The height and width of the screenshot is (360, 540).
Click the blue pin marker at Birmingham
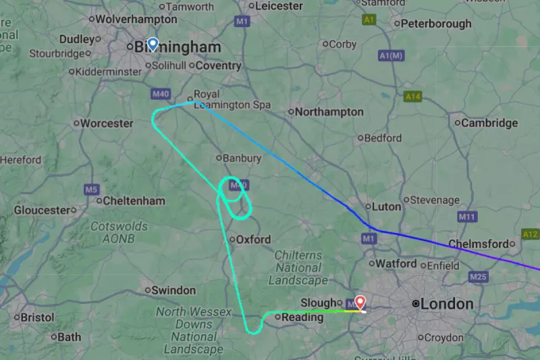(x=153, y=45)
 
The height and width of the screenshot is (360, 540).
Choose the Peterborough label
(x=436, y=24)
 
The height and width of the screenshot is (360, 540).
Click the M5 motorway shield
(x=92, y=189)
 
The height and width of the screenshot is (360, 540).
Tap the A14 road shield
(x=413, y=97)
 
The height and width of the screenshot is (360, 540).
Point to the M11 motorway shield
(x=467, y=217)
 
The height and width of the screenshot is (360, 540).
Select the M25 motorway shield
(x=479, y=277)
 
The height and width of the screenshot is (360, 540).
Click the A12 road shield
(x=531, y=234)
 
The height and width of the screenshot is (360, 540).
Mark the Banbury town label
(x=242, y=158)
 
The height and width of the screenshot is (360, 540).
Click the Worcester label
(x=107, y=124)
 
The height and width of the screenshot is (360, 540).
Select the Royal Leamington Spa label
(x=232, y=100)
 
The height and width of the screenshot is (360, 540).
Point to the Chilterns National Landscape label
(x=298, y=267)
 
